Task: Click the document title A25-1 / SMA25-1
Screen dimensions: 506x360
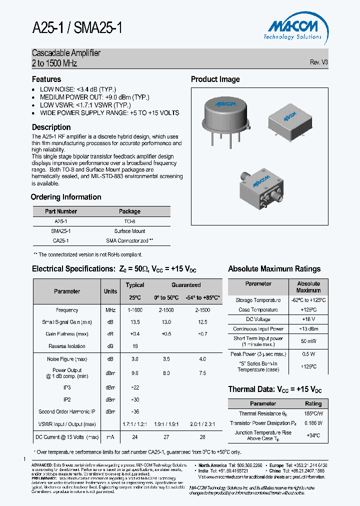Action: pos(77,28)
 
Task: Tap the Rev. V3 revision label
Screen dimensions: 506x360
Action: pos(318,62)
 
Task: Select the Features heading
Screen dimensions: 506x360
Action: pos(46,79)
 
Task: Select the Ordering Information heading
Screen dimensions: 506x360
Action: pos(66,197)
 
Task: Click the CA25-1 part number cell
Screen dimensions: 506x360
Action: pos(61,240)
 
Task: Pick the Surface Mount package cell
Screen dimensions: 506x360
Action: pos(129,231)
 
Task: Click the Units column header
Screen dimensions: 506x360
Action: pos(110,291)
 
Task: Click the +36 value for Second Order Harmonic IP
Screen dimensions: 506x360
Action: pos(134,411)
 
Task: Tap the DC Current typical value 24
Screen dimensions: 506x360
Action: pos(134,437)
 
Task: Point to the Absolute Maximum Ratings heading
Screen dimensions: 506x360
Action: pos(274,269)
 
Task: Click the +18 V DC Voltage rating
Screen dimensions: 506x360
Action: pos(308,319)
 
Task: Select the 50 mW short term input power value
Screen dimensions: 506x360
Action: pos(308,341)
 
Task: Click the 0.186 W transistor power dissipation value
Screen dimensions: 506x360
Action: pos(313,423)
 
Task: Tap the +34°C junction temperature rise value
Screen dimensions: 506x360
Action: pos(313,435)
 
